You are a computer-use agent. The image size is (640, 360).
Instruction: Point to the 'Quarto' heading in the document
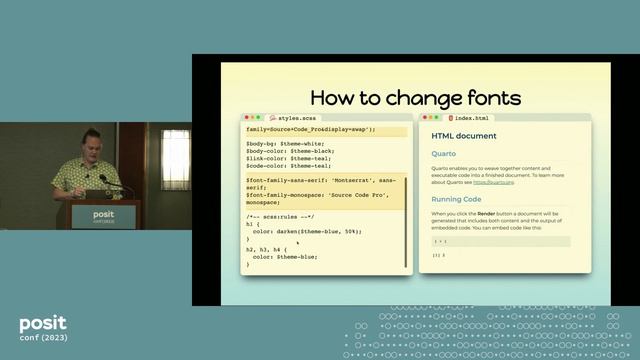444,154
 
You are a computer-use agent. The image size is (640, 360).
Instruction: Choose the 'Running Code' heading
457,199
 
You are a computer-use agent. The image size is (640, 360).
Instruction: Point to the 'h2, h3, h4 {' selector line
271,249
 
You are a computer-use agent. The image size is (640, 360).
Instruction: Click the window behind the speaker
176,159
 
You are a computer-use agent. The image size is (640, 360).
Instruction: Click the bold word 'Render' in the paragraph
487,213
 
